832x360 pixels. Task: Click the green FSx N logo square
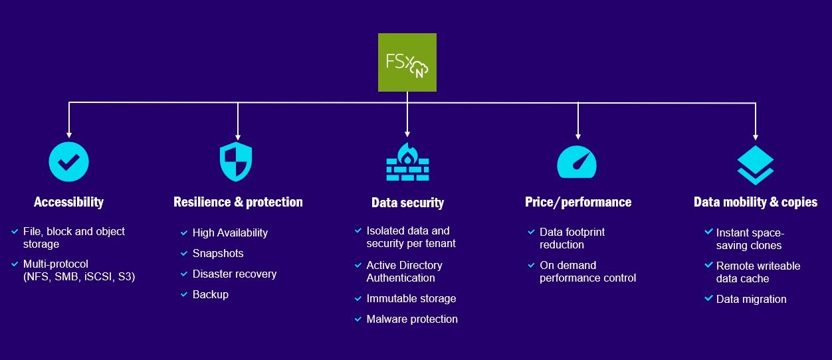tap(407, 62)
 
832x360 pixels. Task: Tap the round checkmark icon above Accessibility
tap(68, 162)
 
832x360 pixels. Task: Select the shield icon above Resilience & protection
tap(236, 162)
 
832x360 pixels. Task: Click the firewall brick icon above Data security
tap(407, 162)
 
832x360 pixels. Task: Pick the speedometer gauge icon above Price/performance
tap(577, 162)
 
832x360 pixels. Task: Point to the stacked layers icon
tap(756, 165)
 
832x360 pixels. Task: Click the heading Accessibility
tap(68, 203)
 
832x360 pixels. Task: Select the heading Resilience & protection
tap(238, 203)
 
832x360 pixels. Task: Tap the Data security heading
tap(408, 203)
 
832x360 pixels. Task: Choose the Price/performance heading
tap(578, 203)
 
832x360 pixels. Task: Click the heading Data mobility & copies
tap(756, 203)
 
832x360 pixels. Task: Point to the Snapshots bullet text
tap(218, 254)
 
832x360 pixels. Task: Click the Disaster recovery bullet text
tap(235, 274)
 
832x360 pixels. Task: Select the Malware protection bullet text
tap(412, 319)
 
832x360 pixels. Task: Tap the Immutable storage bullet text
tap(411, 298)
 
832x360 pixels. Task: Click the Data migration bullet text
tap(751, 299)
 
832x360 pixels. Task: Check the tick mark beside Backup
tap(184, 295)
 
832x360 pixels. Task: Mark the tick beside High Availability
tap(184, 233)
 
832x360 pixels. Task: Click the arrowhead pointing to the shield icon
tap(238, 137)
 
